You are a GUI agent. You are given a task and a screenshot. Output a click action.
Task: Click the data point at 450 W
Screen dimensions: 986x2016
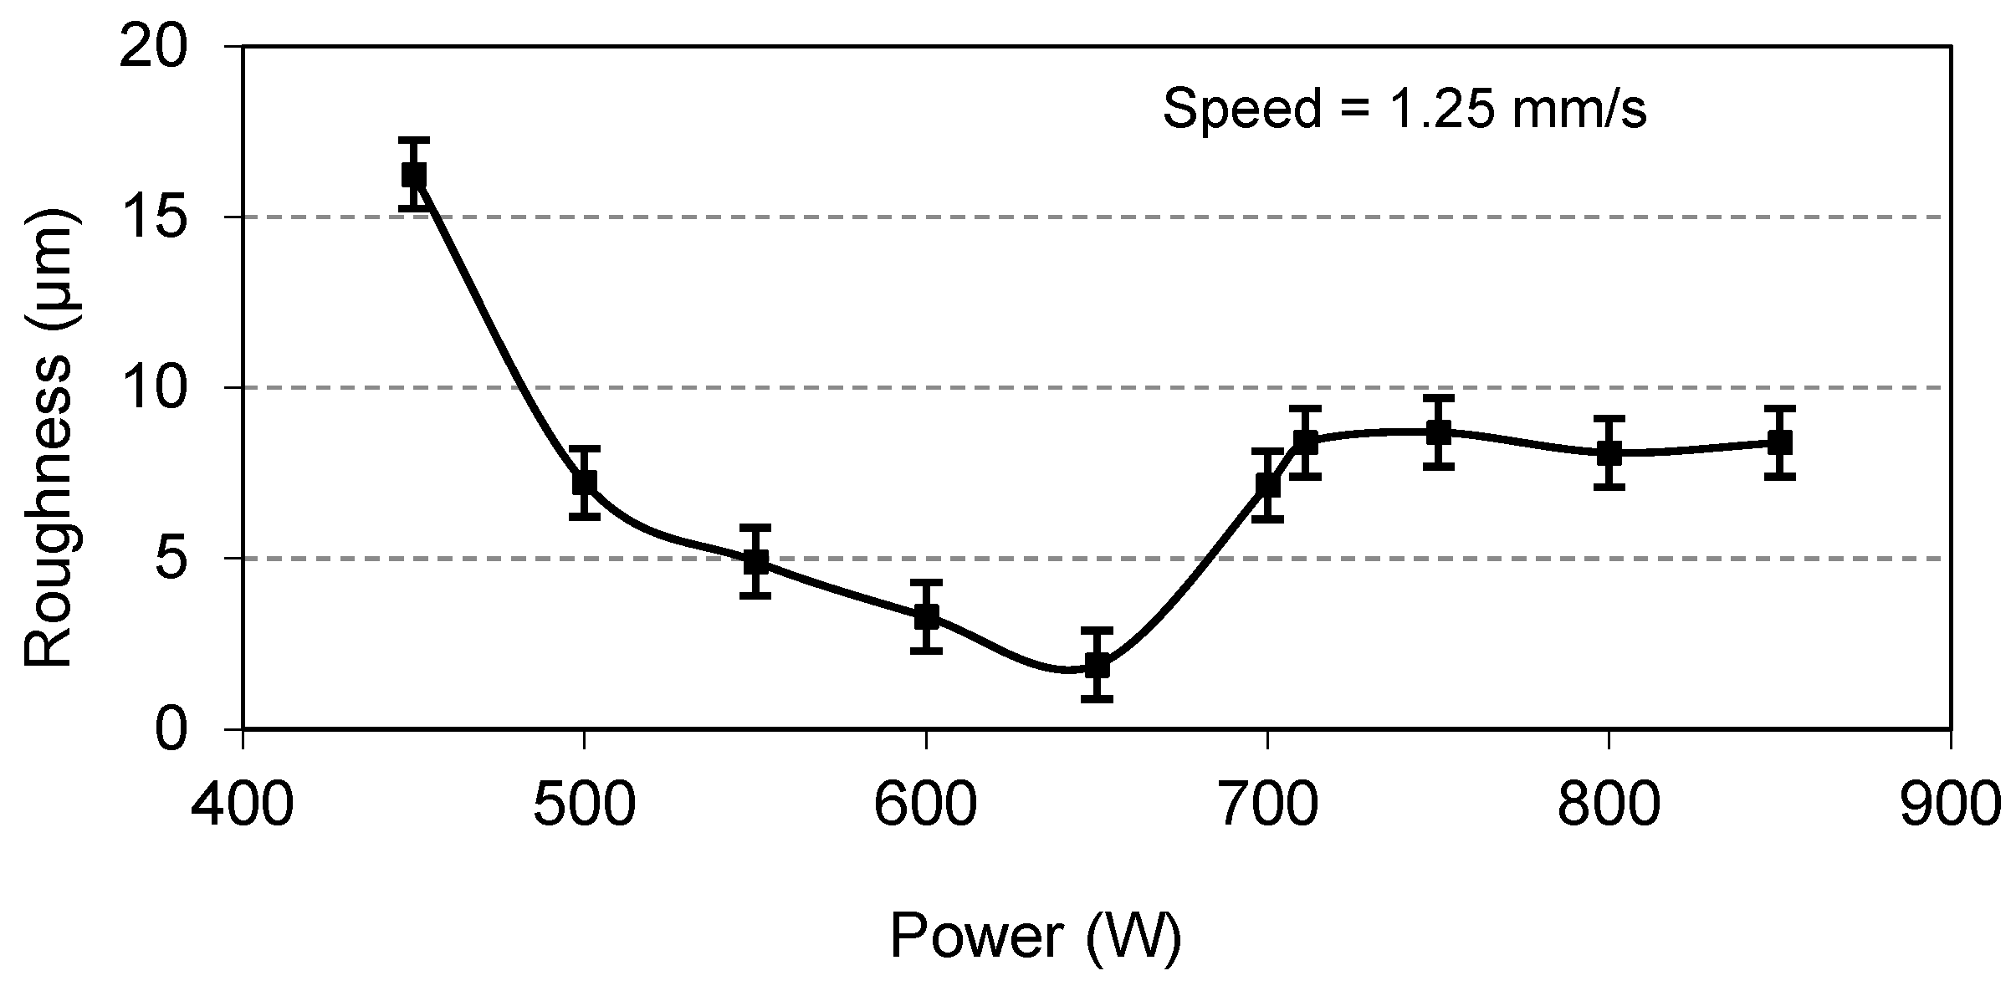414,175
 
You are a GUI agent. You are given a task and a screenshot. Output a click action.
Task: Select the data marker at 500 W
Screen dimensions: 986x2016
585,483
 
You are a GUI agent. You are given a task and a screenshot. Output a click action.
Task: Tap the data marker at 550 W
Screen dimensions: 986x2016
755,561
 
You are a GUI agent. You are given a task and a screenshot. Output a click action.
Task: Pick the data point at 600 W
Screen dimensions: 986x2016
927,616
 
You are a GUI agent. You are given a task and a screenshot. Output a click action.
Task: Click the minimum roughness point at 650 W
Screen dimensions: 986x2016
1098,666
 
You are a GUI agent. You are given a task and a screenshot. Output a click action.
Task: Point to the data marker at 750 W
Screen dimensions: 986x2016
1438,432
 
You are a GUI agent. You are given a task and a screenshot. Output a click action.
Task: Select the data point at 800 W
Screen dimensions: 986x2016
1609,453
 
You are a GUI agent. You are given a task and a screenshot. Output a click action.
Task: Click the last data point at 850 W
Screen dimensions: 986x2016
1780,442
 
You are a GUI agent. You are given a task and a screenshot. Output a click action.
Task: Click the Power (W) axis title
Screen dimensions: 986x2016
1036,937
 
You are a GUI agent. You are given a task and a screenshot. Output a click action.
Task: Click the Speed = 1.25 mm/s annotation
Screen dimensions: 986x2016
1405,110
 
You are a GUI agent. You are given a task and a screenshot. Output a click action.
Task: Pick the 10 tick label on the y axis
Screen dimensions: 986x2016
166,389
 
